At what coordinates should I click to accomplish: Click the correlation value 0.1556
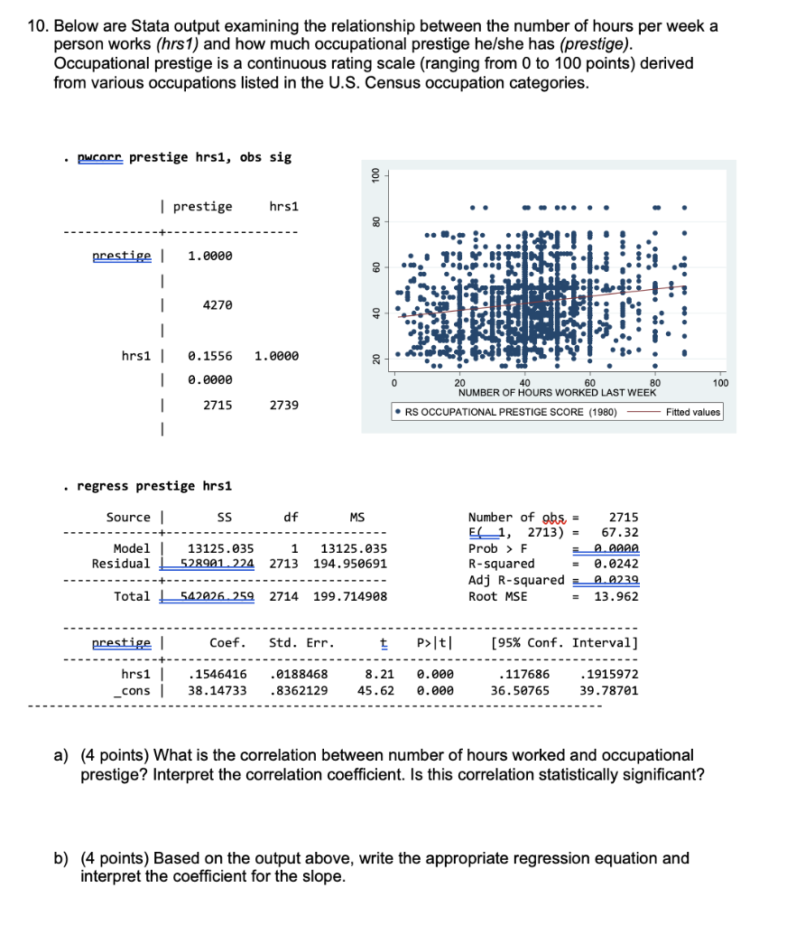pyautogui.click(x=209, y=356)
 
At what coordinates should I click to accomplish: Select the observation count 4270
pyautogui.click(x=217, y=306)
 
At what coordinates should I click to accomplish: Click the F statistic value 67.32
pyautogui.click(x=620, y=533)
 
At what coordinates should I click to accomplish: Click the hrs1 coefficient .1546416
pyautogui.click(x=218, y=674)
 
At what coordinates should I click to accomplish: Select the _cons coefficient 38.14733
pyautogui.click(x=218, y=689)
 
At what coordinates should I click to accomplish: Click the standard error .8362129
pyautogui.click(x=299, y=689)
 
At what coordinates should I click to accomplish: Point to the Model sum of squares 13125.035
pyautogui.click(x=219, y=548)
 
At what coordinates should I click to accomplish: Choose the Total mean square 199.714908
pyautogui.click(x=350, y=596)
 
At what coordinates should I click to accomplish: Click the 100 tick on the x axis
pyautogui.click(x=719, y=384)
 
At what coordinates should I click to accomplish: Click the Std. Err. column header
pyautogui.click(x=301, y=643)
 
